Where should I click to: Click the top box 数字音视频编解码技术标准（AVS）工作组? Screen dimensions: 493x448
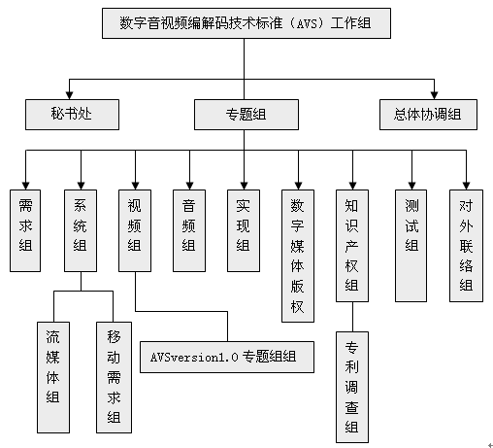pyautogui.click(x=246, y=23)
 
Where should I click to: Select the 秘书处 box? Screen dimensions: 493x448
pyautogui.click(x=72, y=115)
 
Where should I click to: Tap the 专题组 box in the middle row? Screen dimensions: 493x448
pyautogui.click(x=246, y=115)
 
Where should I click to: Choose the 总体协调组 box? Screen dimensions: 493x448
pyautogui.click(x=428, y=115)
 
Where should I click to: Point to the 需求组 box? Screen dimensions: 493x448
pyautogui.click(x=25, y=230)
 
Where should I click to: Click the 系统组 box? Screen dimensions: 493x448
pyautogui.click(x=81, y=230)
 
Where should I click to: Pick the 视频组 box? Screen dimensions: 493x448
pyautogui.click(x=135, y=230)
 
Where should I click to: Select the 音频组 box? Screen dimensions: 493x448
pyautogui.click(x=189, y=230)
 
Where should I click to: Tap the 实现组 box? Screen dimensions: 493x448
pyautogui.click(x=244, y=230)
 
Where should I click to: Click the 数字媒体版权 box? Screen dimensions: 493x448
pyautogui.click(x=298, y=256)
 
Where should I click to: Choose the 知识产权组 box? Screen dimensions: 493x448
pyautogui.click(x=352, y=246)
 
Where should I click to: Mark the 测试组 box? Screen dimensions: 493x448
pyautogui.click(x=411, y=246)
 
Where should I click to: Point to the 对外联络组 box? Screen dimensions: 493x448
pyautogui.click(x=466, y=246)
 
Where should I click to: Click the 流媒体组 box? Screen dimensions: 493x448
pyautogui.click(x=53, y=377)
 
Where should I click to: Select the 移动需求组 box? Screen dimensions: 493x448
pyautogui.click(x=114, y=377)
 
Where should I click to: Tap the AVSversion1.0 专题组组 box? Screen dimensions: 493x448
pyautogui.click(x=227, y=357)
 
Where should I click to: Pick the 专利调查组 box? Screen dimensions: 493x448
pyautogui.click(x=352, y=387)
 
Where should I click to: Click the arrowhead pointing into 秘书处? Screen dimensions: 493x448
pyautogui.click(x=69, y=95)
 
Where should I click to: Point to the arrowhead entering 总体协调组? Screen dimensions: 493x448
pyautogui.click(x=434, y=95)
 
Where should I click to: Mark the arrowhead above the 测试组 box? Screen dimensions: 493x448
pyautogui.click(x=411, y=186)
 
